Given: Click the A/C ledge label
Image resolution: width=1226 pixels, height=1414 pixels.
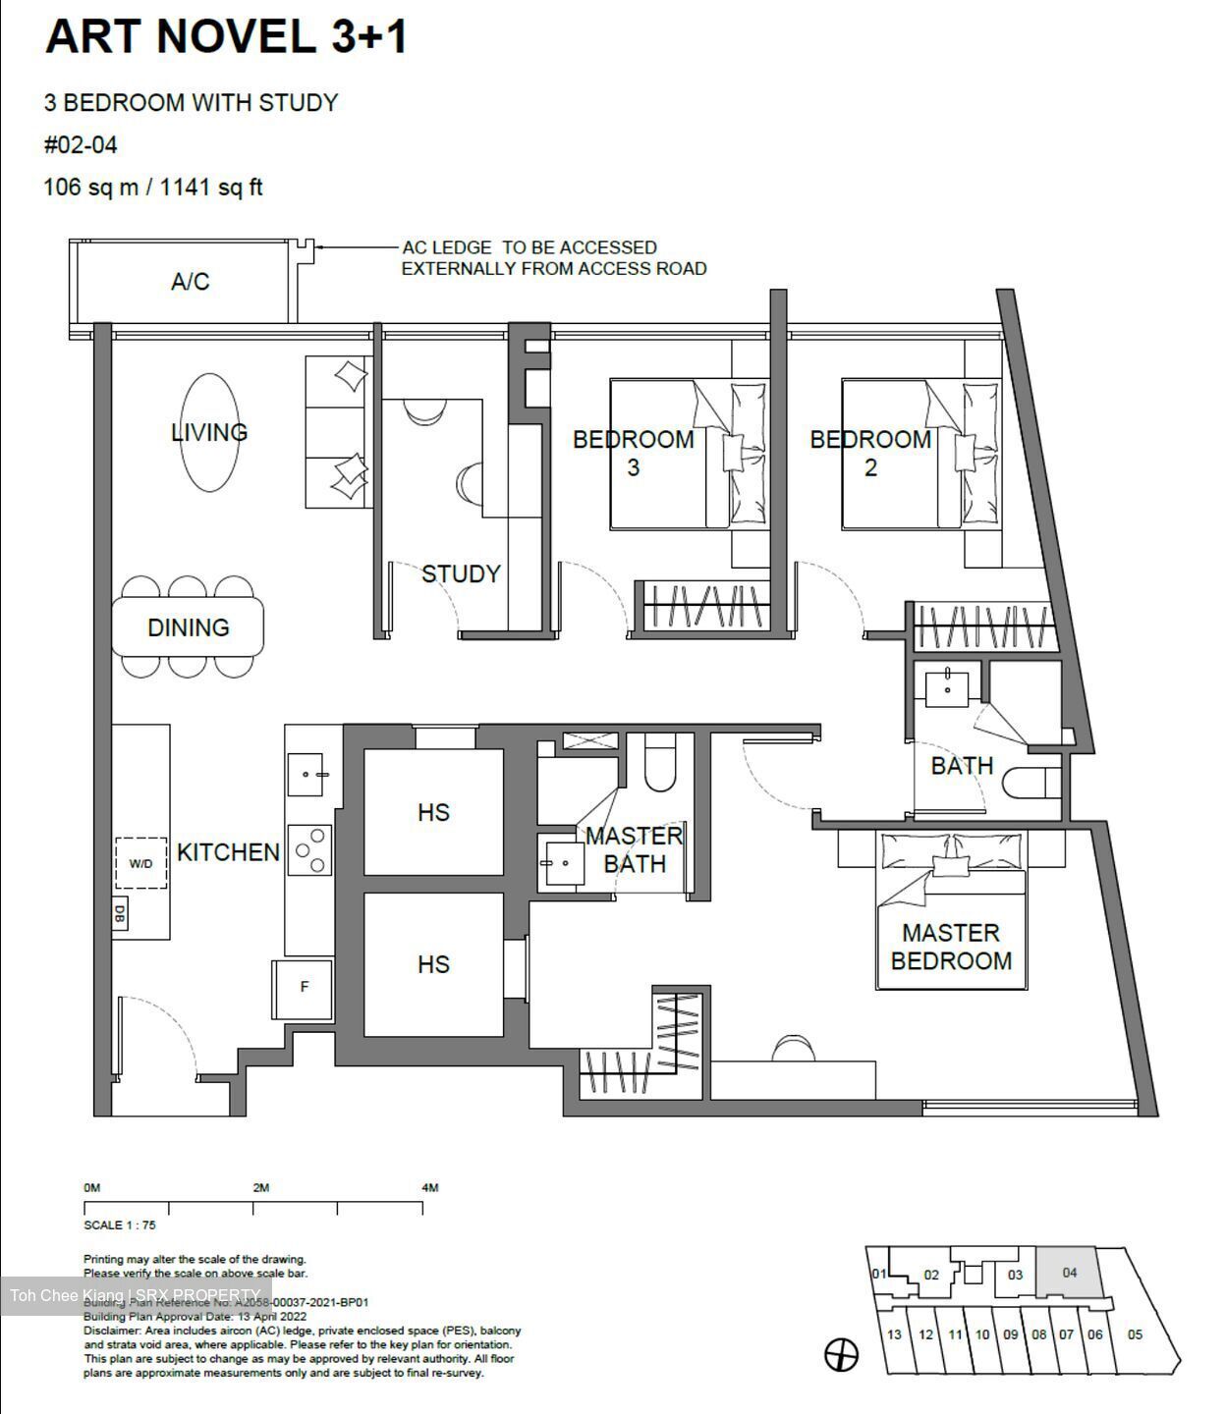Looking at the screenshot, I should (x=190, y=282).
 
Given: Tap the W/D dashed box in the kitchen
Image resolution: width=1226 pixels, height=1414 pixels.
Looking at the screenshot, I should (x=140, y=863).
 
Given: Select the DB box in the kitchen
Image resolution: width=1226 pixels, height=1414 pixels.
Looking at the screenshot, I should (x=120, y=913).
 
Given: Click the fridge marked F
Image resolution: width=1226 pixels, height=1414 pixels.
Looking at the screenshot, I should (x=303, y=988).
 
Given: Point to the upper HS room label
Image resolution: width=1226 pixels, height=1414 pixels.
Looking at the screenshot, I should (x=433, y=812).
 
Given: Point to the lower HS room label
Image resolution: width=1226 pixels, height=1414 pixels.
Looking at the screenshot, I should (x=433, y=964).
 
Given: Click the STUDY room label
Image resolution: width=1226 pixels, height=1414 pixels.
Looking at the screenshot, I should (x=461, y=573).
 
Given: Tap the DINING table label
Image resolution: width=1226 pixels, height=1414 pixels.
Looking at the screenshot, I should (x=188, y=627).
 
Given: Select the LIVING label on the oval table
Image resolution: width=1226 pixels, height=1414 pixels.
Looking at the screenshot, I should (x=208, y=432).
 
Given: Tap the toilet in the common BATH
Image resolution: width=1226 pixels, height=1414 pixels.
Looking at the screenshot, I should (x=1032, y=784).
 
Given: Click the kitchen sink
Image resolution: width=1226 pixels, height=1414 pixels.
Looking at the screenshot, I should (x=306, y=775).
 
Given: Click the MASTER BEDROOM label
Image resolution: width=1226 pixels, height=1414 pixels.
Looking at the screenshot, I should (x=950, y=947).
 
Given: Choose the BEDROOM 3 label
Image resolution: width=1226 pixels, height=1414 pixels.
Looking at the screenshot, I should (x=633, y=453).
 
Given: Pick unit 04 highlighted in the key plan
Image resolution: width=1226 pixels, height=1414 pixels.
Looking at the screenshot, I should (x=1069, y=1274).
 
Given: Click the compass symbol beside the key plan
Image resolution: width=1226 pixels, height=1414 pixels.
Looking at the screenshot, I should (x=841, y=1355).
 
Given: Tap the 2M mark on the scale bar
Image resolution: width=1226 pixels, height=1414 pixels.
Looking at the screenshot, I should (x=260, y=1188).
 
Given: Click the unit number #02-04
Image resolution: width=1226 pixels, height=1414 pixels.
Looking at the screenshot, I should (x=81, y=145).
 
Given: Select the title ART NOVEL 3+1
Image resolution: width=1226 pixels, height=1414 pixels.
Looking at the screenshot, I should (x=226, y=37).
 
